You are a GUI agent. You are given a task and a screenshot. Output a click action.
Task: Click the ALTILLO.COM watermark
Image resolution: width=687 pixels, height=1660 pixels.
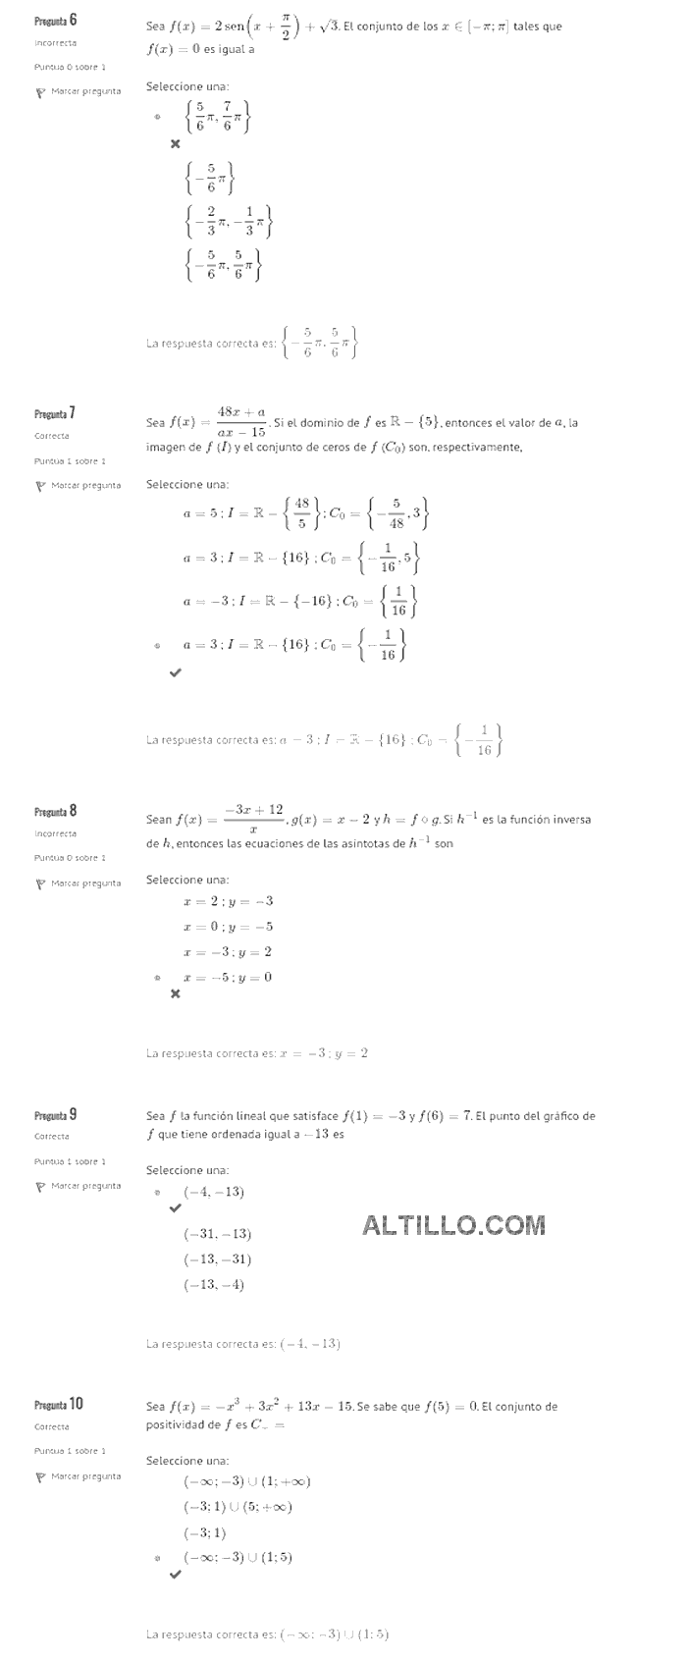tap(453, 1224)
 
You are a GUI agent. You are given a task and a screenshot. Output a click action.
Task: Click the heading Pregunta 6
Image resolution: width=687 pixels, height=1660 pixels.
tap(56, 21)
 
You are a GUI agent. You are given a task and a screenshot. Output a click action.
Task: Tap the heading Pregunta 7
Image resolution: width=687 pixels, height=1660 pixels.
tap(55, 413)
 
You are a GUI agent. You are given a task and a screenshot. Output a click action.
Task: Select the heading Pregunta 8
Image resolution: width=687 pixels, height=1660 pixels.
tap(56, 811)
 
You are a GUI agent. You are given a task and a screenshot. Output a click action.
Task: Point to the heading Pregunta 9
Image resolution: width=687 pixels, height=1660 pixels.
tap(56, 1114)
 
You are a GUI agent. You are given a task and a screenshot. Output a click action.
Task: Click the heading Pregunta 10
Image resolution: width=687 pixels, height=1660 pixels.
tap(59, 1404)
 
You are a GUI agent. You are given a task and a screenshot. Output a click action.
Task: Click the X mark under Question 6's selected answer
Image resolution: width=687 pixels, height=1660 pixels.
tap(176, 144)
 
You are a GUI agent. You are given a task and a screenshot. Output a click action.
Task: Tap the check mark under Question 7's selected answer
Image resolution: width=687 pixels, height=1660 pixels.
tap(176, 672)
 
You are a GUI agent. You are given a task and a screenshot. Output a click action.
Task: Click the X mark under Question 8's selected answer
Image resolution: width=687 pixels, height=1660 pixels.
tap(176, 993)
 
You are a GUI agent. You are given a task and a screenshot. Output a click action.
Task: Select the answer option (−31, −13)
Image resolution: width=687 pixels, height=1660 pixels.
tap(217, 1234)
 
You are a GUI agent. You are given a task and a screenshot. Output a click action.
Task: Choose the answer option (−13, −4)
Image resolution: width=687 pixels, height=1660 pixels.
tap(213, 1284)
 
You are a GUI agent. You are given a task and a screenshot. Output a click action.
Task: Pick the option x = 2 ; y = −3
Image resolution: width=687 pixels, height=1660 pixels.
tap(228, 901)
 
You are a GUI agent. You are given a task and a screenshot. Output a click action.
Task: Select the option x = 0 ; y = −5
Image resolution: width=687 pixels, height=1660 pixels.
tap(228, 927)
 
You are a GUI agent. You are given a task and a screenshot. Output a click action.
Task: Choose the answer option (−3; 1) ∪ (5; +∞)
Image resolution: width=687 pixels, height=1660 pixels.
tap(238, 1507)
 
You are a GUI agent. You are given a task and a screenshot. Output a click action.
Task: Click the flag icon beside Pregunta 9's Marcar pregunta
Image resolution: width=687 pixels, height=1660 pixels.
tap(40, 1186)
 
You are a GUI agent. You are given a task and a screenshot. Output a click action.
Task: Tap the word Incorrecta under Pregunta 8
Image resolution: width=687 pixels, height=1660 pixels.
tap(55, 833)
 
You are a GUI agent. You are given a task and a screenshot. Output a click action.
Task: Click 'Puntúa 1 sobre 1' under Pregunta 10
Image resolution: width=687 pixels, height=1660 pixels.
tap(70, 1451)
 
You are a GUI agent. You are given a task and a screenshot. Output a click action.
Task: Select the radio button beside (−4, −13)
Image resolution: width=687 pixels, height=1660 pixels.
tap(157, 1193)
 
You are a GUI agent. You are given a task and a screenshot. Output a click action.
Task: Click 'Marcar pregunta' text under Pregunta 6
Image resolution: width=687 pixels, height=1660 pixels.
tap(86, 91)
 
